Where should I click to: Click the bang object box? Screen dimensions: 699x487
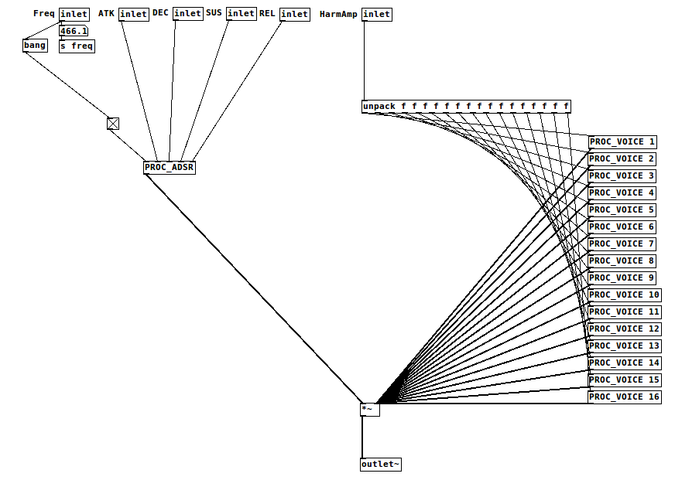35,46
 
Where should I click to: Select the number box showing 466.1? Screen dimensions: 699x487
74,32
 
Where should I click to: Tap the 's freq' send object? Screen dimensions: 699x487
77,46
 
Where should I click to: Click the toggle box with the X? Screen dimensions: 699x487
113,124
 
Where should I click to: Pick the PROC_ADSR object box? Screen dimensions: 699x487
170,168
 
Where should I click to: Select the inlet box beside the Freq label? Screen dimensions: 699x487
74,14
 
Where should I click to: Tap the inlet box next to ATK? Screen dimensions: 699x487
133,14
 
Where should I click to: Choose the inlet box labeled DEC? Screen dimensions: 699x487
187,14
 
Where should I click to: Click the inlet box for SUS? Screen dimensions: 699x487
241,14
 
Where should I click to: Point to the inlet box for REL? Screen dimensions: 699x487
294,14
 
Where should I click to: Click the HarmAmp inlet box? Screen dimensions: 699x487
376,14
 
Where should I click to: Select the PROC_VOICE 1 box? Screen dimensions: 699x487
622,142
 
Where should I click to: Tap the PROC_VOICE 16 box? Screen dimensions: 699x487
625,397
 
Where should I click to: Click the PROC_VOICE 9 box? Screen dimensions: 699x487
622,278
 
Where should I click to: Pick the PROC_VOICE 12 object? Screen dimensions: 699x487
625,329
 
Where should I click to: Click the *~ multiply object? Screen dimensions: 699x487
369,410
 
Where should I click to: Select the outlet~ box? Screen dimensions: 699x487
380,465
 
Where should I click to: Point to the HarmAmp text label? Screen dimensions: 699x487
338,14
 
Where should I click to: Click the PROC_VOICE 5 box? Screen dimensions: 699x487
622,210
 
